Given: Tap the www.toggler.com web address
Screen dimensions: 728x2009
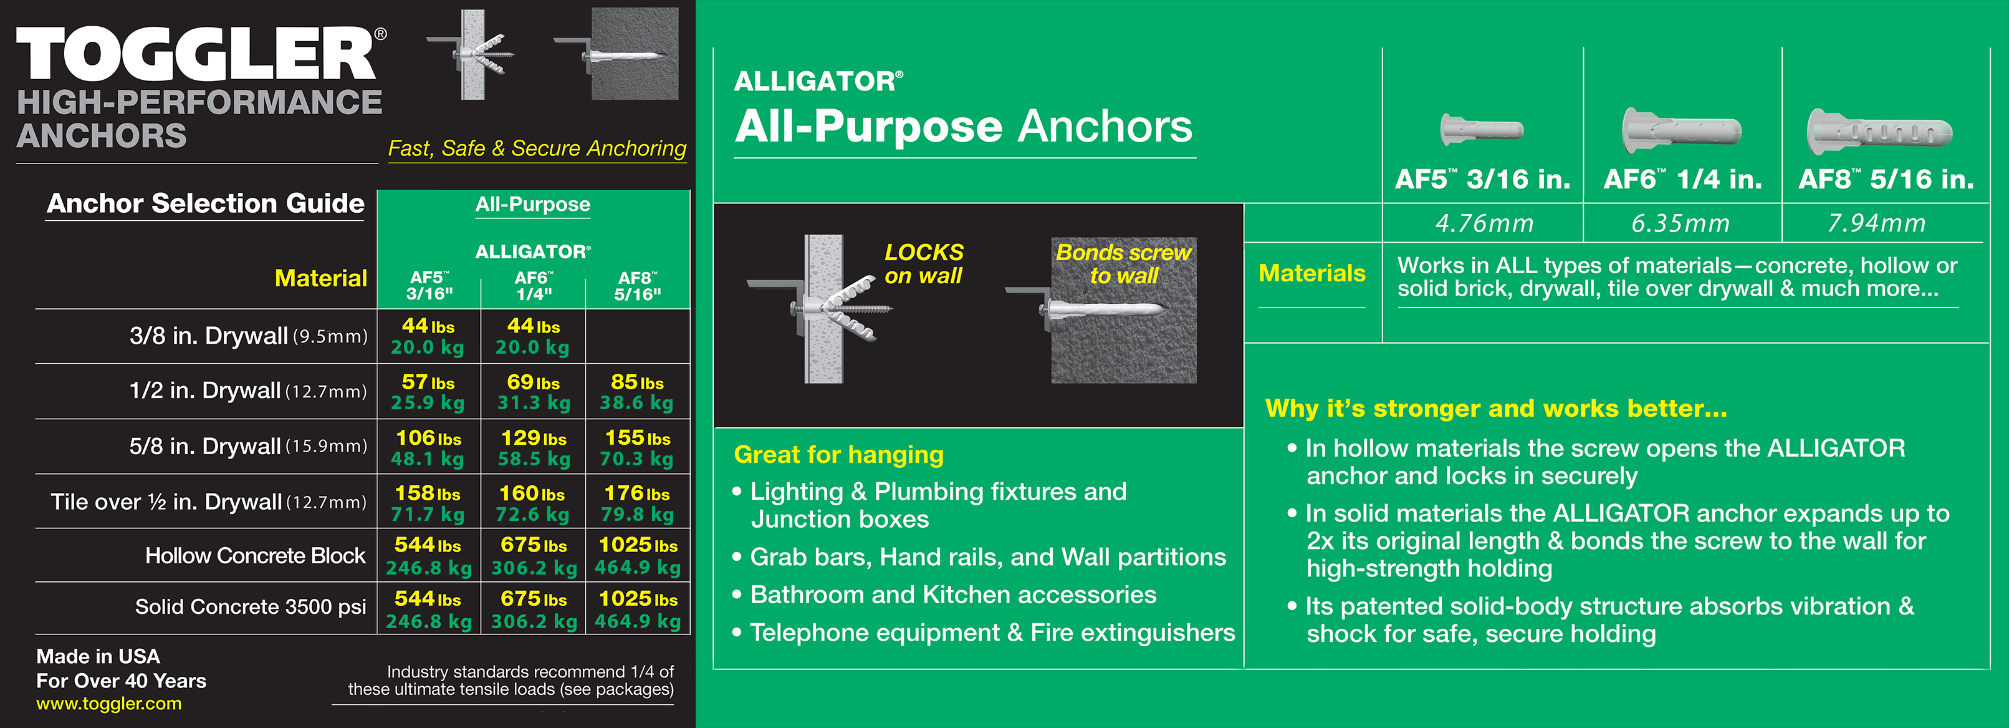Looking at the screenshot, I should pyautogui.click(x=108, y=704).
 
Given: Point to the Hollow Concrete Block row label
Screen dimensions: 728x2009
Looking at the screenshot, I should pyautogui.click(x=255, y=556).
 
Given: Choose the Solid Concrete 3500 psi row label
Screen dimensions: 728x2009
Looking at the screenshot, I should pyautogui.click(x=251, y=607).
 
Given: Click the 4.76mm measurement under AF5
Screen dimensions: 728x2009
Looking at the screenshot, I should pyautogui.click(x=1484, y=224).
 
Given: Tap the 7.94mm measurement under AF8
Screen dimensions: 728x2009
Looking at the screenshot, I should pyautogui.click(x=1876, y=224).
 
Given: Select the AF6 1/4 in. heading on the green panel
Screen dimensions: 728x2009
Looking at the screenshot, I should pyautogui.click(x=1682, y=180).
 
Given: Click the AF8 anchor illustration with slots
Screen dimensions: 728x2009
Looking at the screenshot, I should pyautogui.click(x=1879, y=132).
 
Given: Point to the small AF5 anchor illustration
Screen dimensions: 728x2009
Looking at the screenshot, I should pyautogui.click(x=1481, y=130).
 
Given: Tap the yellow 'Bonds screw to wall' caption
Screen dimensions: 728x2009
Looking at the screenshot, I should pyautogui.click(x=1123, y=264).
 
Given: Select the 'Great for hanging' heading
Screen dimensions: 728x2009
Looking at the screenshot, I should pyautogui.click(x=838, y=454).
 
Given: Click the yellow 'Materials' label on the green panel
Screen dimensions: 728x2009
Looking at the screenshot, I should pyautogui.click(x=1311, y=273).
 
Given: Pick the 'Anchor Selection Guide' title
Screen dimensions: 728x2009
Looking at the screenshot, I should pyautogui.click(x=205, y=203).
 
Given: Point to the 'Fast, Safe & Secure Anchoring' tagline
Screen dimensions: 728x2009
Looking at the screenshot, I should pyautogui.click(x=537, y=148).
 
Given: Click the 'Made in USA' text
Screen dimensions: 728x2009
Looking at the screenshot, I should pyautogui.click(x=98, y=656).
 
